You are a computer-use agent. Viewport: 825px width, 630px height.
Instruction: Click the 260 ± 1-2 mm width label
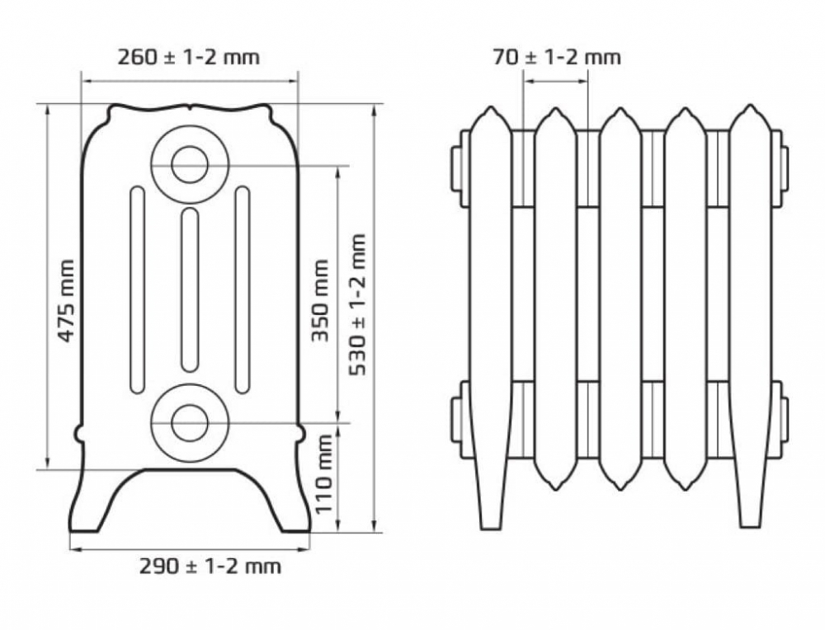click(188, 57)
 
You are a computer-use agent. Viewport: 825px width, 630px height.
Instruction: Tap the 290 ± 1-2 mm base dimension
click(210, 567)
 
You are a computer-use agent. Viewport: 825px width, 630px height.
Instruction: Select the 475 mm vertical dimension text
click(66, 300)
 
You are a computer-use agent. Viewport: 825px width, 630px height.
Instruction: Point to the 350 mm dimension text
click(320, 300)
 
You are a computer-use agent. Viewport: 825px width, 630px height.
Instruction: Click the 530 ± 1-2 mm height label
click(357, 304)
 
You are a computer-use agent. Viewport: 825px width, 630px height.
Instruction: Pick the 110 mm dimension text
click(324, 473)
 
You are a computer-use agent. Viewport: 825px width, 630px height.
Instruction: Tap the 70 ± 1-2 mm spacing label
click(557, 57)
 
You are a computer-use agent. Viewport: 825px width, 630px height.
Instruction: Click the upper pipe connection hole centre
click(190, 165)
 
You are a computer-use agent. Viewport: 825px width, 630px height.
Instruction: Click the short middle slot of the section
click(190, 290)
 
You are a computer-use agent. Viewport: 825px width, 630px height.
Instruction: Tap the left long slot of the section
click(137, 289)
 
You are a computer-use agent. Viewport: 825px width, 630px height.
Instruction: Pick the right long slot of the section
click(243, 289)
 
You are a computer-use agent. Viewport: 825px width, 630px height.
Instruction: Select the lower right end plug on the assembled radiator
click(784, 421)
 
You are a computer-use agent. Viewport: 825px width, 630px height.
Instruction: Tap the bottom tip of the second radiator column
click(555, 490)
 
